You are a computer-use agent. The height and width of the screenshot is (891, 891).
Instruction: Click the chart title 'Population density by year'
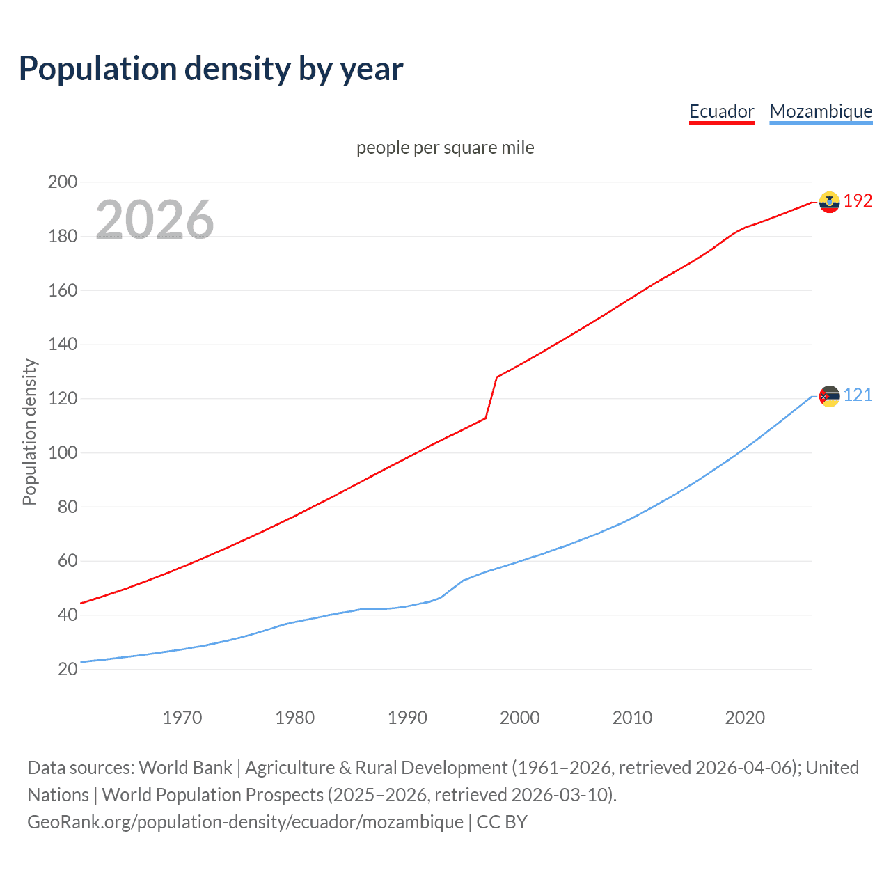tap(211, 69)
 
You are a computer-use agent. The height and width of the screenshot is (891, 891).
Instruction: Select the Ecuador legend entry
tap(721, 111)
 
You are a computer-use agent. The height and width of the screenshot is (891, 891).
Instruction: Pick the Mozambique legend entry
tap(821, 111)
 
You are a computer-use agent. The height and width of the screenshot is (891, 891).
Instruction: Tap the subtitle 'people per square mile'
tap(445, 148)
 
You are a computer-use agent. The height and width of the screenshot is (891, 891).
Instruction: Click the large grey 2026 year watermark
tap(155, 220)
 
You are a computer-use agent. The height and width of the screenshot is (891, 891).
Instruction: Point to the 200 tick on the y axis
tap(63, 182)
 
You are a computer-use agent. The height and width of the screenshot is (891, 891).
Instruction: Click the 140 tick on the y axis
tap(63, 345)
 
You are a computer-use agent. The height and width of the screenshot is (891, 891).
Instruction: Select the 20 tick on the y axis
tap(68, 670)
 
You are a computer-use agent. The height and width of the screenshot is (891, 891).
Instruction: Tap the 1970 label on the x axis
tap(182, 718)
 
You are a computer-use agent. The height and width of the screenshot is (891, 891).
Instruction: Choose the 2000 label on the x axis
tap(519, 718)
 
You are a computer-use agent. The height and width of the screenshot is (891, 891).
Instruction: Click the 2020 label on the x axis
tap(745, 718)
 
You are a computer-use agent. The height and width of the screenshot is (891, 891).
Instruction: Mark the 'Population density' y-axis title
tap(29, 432)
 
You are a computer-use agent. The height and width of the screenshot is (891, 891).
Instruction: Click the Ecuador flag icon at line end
tap(829, 202)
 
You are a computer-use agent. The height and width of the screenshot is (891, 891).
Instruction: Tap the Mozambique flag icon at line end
tap(829, 396)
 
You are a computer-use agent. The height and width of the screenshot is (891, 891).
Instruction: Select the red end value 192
tap(858, 201)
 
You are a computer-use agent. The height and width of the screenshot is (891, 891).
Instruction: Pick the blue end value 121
tap(858, 395)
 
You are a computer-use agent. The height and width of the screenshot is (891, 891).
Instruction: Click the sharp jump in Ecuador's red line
tap(491, 397)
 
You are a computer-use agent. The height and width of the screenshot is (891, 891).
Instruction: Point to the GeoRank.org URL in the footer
tap(245, 822)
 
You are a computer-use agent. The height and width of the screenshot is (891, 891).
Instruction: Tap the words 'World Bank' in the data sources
tap(185, 768)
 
